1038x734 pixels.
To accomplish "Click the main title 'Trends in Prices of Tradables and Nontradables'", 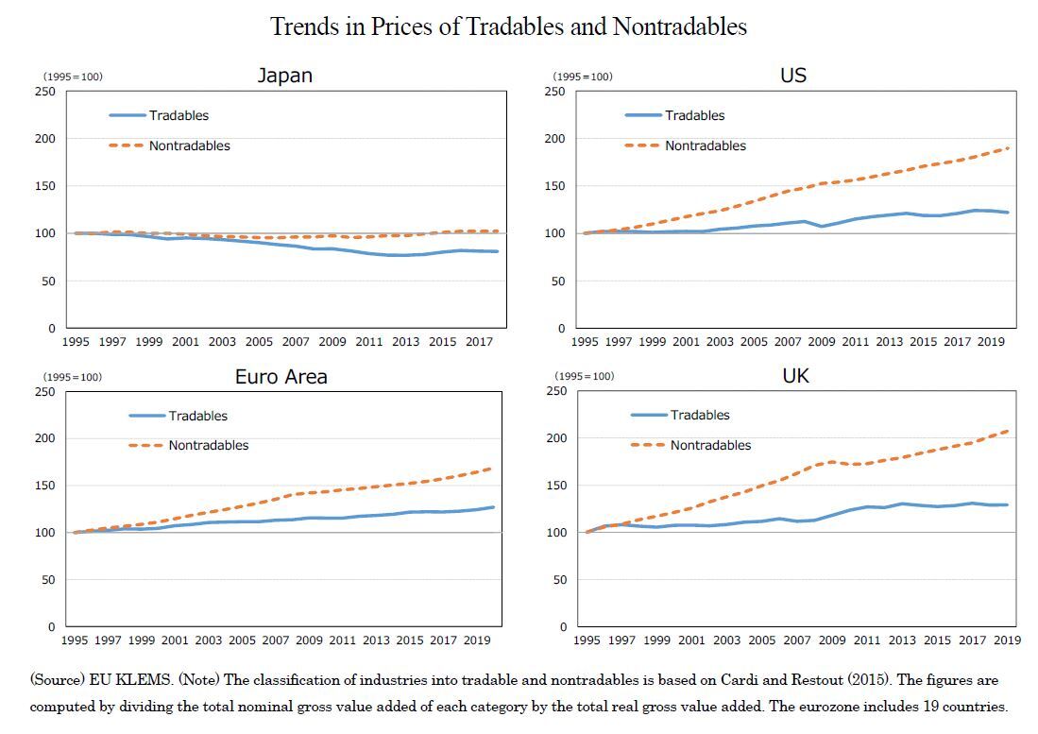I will point(508,26).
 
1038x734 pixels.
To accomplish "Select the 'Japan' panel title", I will point(284,76).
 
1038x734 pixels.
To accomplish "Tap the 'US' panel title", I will point(793,76).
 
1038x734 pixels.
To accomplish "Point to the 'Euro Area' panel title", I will point(281,377).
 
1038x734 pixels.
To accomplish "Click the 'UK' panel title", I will point(795,376).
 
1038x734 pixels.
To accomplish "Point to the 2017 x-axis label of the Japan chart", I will point(481,342).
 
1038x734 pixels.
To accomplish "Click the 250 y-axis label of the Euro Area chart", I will point(44,391).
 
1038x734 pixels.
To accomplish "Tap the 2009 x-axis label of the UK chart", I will point(832,640).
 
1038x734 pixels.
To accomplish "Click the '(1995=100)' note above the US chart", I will point(583,77).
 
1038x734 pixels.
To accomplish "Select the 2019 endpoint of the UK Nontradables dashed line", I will point(1008,431).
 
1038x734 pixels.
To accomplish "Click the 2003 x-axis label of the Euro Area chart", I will point(209,640).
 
